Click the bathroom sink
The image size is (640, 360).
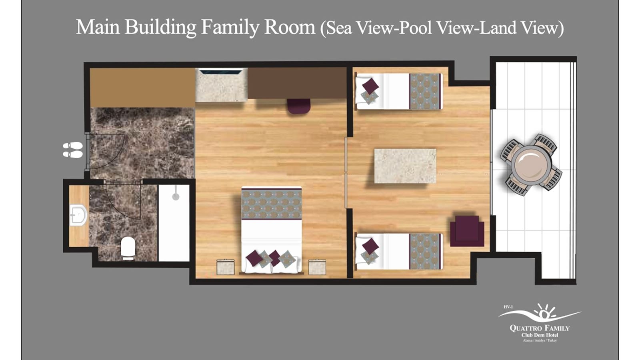coord(78,215)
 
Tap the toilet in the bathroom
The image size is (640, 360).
coord(128,248)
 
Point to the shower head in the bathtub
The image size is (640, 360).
coord(175,196)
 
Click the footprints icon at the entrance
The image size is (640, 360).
coord(73,150)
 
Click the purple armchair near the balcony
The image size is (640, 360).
coord(467,231)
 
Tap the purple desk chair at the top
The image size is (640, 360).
coord(298,106)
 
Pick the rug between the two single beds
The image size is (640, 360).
coord(405,166)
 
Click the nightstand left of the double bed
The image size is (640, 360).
coord(226,267)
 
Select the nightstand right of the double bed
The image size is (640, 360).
coord(317,267)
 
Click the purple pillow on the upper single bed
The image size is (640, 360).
coord(370,86)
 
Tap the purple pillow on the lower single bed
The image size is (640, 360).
coord(370,246)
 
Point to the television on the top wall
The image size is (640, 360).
coord(221,72)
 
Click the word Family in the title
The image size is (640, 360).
coord(230,28)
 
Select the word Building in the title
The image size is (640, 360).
coord(160,28)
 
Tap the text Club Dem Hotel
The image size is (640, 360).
coord(540,335)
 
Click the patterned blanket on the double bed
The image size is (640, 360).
coord(271,204)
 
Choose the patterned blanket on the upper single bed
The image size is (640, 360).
coord(425,91)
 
